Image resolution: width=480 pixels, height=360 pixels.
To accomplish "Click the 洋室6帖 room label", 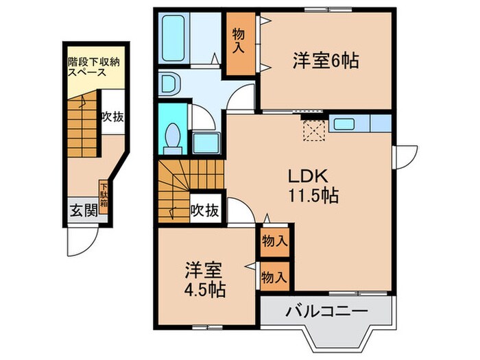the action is click(x=326, y=60).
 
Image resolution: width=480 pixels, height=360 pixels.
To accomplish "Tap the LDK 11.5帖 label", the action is click(x=313, y=186).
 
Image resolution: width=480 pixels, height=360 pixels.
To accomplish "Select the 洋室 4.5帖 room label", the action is click(x=204, y=280).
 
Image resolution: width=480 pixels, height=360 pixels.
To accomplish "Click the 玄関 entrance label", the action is click(x=84, y=211).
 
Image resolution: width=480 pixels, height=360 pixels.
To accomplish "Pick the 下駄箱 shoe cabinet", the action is click(x=104, y=197).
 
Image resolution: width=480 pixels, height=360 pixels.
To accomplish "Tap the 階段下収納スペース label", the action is click(x=93, y=67).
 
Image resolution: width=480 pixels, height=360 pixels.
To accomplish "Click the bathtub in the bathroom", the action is click(x=173, y=38).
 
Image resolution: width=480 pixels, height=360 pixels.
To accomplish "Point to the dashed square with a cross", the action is click(x=314, y=131).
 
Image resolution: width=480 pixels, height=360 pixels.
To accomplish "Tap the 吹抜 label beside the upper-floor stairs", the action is click(x=205, y=211).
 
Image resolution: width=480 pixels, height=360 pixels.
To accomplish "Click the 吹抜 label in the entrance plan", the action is click(x=113, y=117).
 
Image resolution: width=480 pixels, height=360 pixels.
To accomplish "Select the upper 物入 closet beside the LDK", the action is click(x=275, y=241).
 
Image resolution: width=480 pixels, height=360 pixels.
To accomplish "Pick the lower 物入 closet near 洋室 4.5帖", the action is click(x=274, y=276).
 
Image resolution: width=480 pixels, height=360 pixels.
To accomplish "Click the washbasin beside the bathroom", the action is click(x=169, y=83).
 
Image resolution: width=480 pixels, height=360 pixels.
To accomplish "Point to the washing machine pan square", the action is click(x=206, y=143).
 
